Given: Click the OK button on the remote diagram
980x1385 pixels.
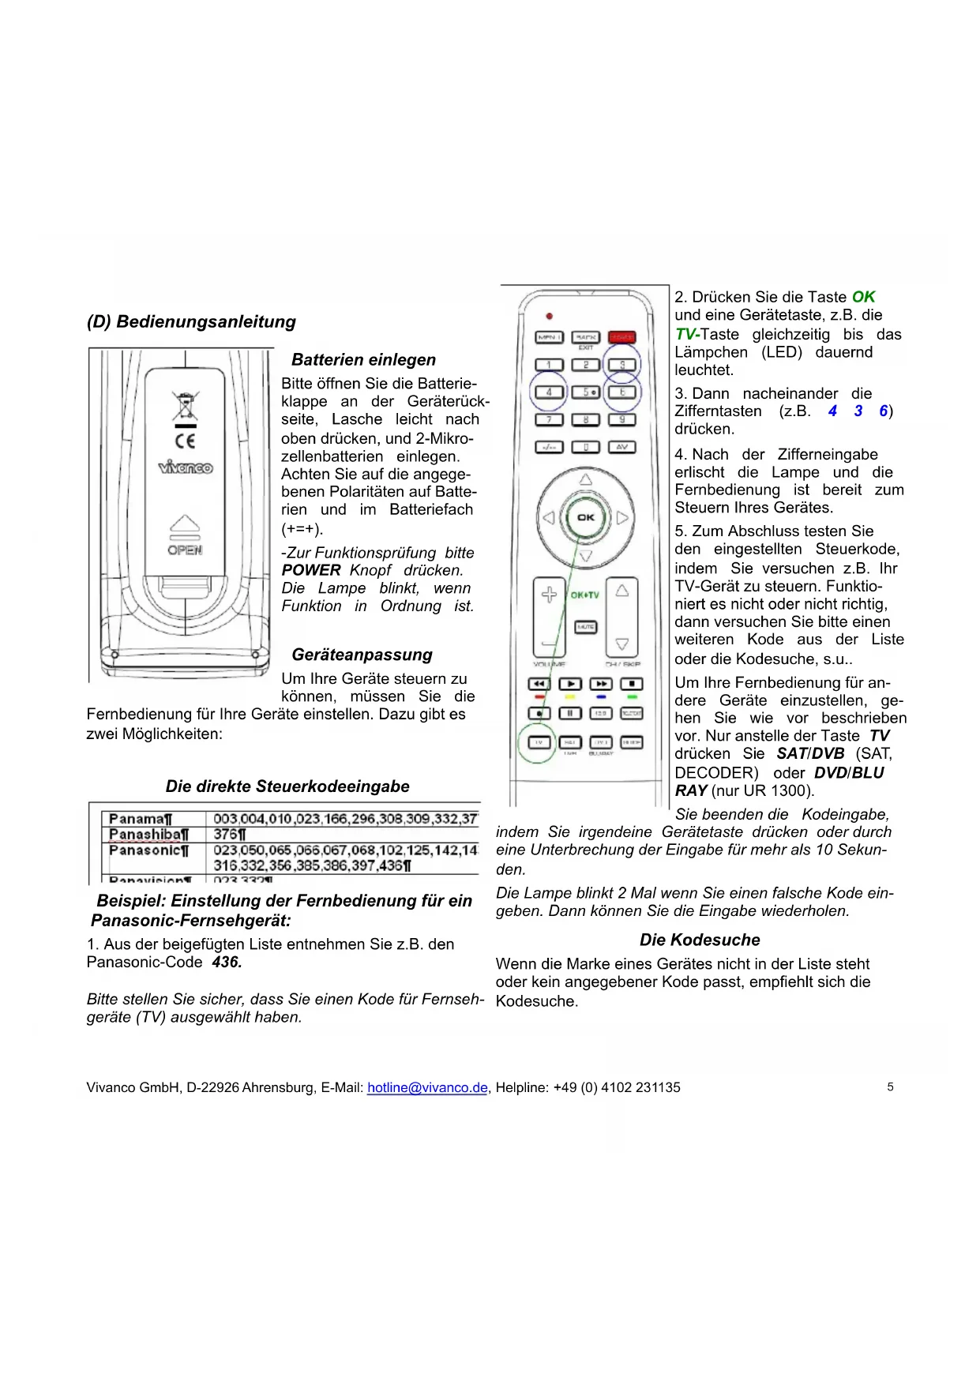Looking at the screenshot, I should [x=585, y=517].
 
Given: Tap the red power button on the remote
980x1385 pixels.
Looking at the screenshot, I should [x=621, y=337].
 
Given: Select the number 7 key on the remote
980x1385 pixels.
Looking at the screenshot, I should [x=549, y=420].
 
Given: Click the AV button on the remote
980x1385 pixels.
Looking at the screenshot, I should [x=621, y=447].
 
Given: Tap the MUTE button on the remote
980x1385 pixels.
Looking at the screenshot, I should [x=585, y=627].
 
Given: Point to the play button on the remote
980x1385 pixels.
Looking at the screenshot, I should [x=570, y=684].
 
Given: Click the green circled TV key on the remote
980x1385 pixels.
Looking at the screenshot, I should [x=539, y=742].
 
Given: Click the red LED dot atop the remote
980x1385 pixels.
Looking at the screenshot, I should [x=550, y=316].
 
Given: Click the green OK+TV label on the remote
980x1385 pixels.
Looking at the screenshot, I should [x=585, y=595].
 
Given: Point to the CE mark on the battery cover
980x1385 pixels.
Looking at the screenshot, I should [x=185, y=441].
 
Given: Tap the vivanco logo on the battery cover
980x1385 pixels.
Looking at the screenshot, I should [x=185, y=467].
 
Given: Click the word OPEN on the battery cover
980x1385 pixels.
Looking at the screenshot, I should [x=185, y=550].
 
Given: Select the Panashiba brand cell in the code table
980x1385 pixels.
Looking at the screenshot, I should [x=149, y=835].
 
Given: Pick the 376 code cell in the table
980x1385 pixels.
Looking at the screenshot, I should [x=230, y=835].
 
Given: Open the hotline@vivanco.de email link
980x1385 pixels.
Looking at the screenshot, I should [x=427, y=1087].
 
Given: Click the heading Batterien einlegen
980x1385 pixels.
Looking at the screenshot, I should [x=363, y=360].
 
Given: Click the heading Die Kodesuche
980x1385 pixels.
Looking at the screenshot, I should [x=700, y=940].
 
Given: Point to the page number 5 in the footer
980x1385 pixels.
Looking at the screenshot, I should [x=890, y=1087].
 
